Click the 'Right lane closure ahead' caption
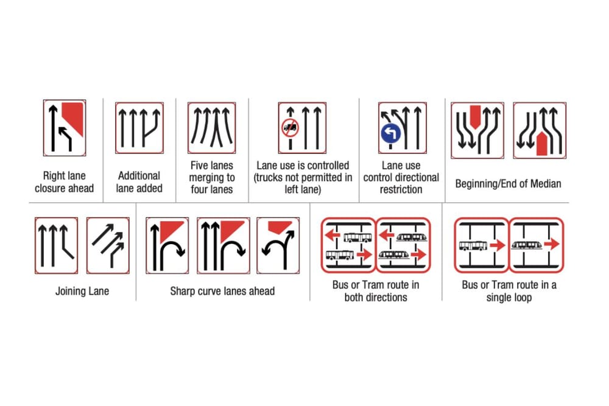pos(64,181)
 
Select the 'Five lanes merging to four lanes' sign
pos(211,127)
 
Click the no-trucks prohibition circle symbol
pos(289,128)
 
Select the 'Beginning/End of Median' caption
pos(508,183)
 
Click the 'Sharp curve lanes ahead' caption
pos(222,291)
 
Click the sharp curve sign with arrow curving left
pos(278,245)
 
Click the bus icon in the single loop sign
pos(473,245)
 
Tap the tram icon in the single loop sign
pos(527,245)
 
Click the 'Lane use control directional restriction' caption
pos(401,177)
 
